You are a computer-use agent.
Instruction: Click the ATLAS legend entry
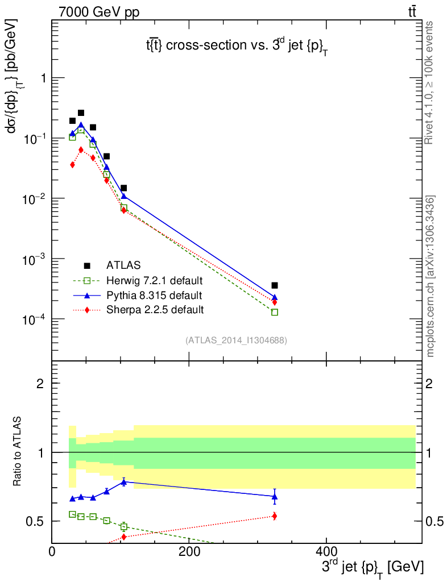point(123,265)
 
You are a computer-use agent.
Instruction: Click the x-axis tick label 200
point(189,551)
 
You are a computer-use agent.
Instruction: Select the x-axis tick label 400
point(326,551)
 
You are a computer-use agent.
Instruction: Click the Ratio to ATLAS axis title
point(18,452)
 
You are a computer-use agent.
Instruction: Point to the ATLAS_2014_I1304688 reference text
point(236,340)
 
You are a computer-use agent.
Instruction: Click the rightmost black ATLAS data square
point(275,285)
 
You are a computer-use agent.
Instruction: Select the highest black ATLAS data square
point(81,113)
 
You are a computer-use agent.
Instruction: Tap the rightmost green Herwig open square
point(275,312)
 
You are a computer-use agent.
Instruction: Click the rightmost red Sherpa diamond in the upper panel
point(275,302)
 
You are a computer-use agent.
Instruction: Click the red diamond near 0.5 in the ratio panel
point(275,516)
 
